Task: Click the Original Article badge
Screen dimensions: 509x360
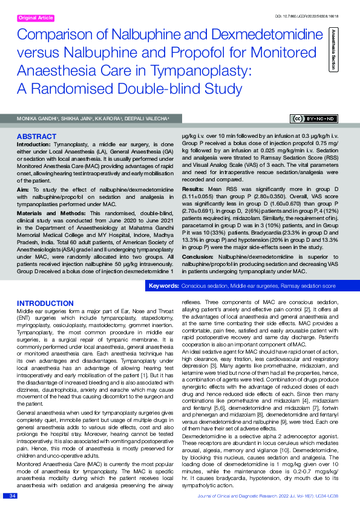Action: (36, 18)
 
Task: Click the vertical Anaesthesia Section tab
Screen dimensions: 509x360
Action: (331, 48)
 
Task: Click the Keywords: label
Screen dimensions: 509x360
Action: (163, 284)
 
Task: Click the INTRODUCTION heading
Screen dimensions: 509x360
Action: (45, 303)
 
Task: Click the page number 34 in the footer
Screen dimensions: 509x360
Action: (12, 495)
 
